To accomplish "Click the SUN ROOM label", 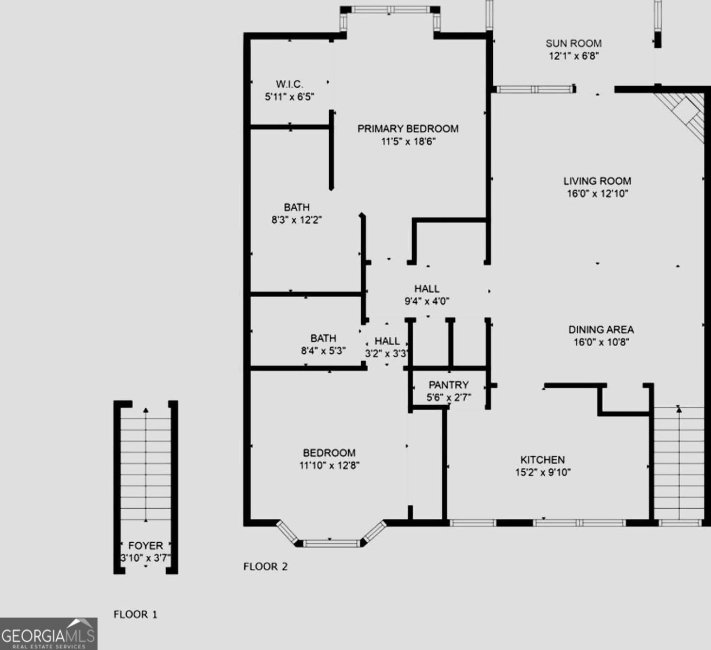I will point(573,43).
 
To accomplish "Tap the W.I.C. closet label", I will point(289,84).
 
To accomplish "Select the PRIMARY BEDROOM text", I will point(408,128).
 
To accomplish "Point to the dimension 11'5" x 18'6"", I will point(408,142).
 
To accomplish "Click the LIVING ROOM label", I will point(597,181).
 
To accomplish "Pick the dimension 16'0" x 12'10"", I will point(597,194).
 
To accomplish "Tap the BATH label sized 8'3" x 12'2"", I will point(297,207).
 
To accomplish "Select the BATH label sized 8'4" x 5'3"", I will point(323,338).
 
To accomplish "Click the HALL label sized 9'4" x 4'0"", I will point(427,289).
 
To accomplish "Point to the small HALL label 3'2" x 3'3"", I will point(387,341).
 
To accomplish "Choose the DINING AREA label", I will point(601,329).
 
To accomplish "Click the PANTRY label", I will point(448,385).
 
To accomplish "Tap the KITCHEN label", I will point(543,459).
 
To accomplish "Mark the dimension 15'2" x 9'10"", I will point(543,472).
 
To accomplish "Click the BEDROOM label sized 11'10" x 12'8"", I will point(329,453).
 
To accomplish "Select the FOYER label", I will point(145,545).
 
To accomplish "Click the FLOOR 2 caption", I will point(265,567).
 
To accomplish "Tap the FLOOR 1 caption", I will point(135,614).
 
